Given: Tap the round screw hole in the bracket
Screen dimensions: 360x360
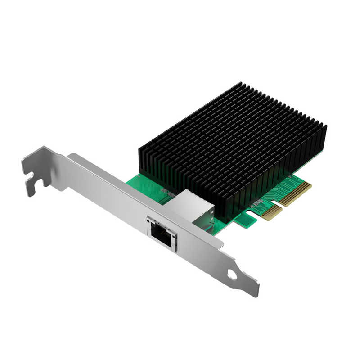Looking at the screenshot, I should pyautogui.click(x=232, y=274).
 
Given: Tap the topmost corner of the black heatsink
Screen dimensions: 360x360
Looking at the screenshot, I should pyautogui.click(x=240, y=83).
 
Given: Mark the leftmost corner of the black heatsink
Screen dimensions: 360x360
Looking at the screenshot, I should pyautogui.click(x=139, y=148).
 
